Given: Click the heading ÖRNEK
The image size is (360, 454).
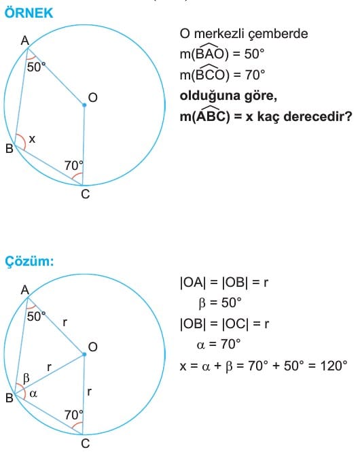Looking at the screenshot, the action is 29,14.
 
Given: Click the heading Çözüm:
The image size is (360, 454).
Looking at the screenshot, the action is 29,262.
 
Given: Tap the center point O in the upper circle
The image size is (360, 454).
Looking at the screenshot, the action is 84,105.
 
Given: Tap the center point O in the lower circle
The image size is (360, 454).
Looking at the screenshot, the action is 84,354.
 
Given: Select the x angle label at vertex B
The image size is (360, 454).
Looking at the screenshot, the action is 32,139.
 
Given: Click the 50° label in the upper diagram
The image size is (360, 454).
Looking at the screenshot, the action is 36,67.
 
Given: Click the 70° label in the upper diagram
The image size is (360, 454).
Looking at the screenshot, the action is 74,166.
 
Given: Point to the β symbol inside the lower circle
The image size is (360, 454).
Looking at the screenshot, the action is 26,379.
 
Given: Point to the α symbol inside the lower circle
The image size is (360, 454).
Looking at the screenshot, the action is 33,394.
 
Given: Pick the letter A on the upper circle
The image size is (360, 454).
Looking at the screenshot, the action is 25,41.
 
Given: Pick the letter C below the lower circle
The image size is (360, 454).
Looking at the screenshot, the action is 86,444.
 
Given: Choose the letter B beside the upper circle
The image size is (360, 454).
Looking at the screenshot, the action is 10,149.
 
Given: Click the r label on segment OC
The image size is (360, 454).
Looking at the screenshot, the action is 89,391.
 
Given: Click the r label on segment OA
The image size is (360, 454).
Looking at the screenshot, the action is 65,322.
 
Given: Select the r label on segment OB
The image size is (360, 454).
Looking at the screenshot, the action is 49,367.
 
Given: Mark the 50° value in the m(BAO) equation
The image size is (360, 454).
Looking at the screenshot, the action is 254,54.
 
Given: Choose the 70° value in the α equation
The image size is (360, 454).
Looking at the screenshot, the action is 231,345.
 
